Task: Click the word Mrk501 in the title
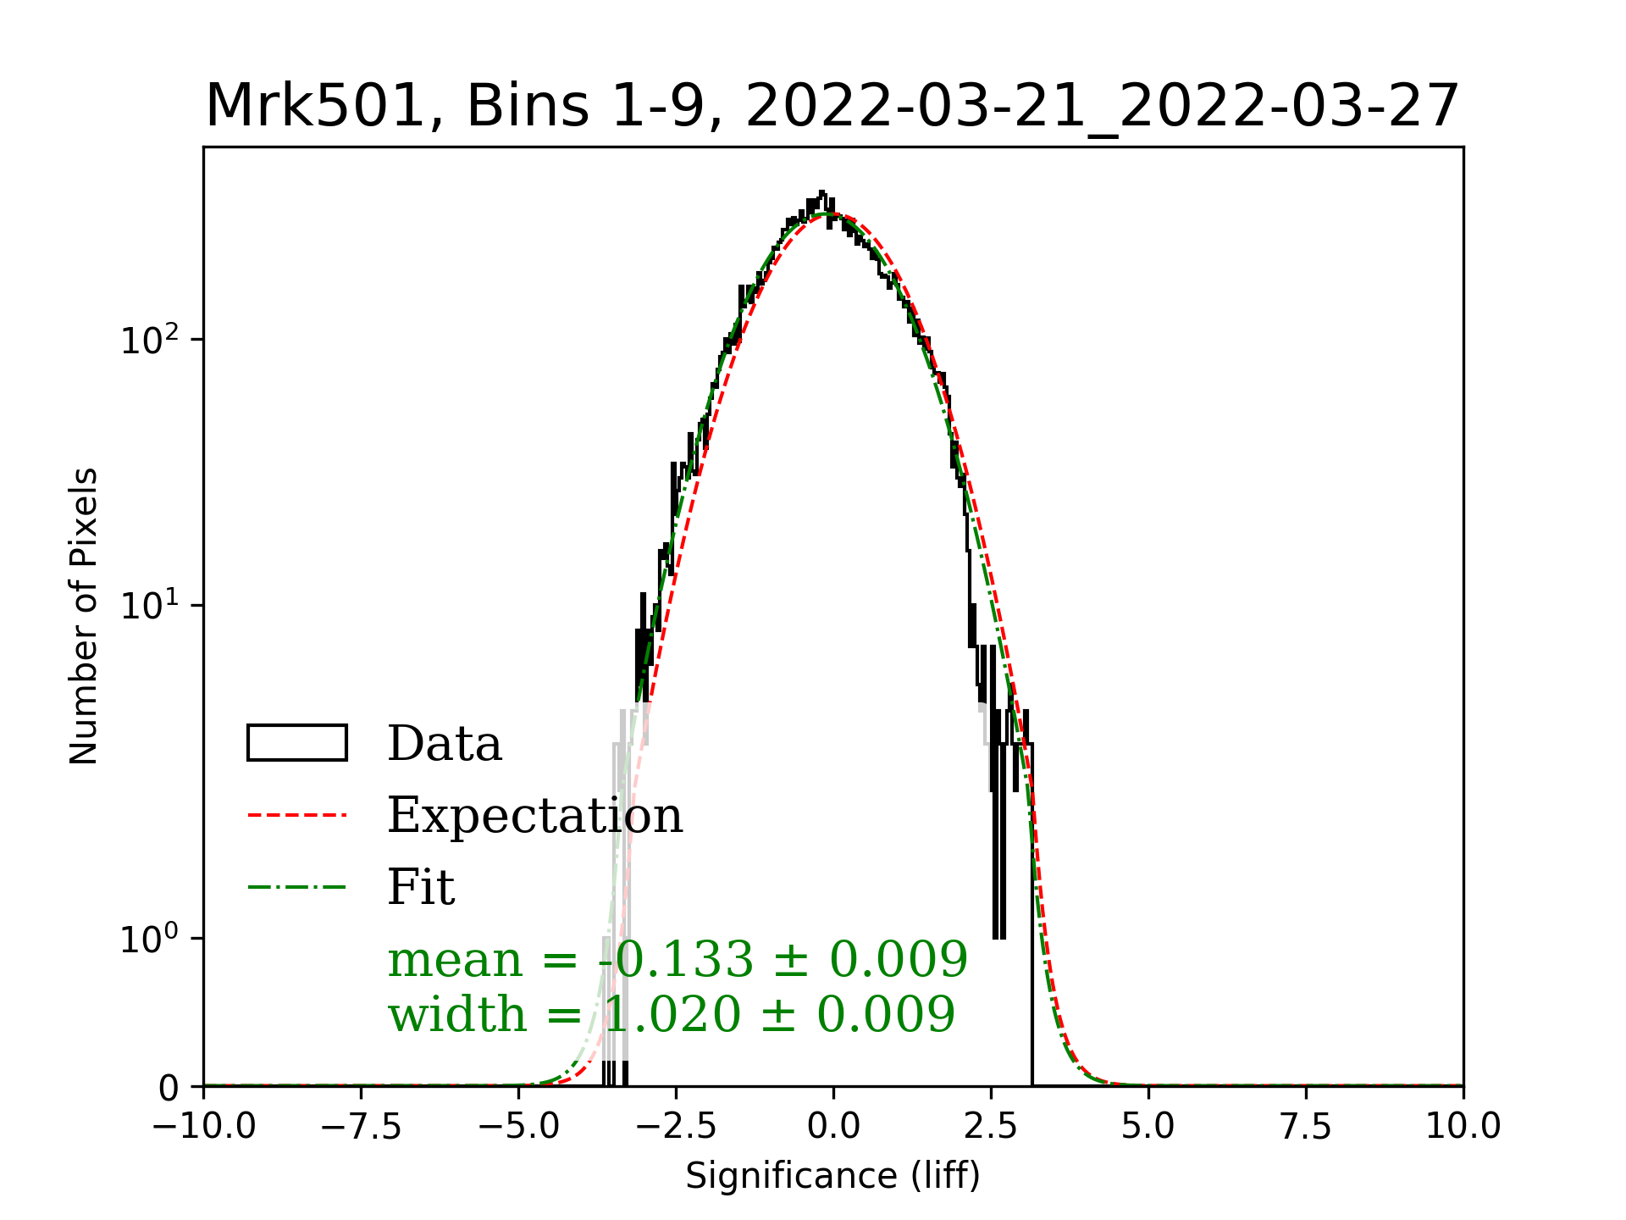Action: pyautogui.click(x=314, y=107)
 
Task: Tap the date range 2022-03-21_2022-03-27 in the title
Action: pyautogui.click(x=1102, y=107)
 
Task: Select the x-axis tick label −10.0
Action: pyautogui.click(x=204, y=1126)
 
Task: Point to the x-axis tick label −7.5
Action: pyautogui.click(x=362, y=1126)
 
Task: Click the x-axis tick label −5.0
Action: pyautogui.click(x=519, y=1126)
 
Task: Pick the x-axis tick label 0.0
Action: pyautogui.click(x=833, y=1126)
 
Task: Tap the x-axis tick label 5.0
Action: pyautogui.click(x=1148, y=1126)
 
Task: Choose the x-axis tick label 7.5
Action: pyautogui.click(x=1306, y=1126)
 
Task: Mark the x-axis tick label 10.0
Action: pyautogui.click(x=1463, y=1126)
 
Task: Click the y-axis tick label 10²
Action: pyautogui.click(x=150, y=341)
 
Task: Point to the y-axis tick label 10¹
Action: pyautogui.click(x=150, y=607)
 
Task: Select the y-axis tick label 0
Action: pyautogui.click(x=169, y=1088)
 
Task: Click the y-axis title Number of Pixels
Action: pyautogui.click(x=84, y=616)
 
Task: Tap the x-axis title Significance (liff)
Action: pyautogui.click(x=832, y=1176)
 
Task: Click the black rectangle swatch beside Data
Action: pyautogui.click(x=297, y=743)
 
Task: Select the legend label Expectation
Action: pyautogui.click(x=534, y=815)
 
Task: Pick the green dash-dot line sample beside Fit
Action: pyautogui.click(x=297, y=887)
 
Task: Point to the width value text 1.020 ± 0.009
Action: pyautogui.click(x=779, y=1014)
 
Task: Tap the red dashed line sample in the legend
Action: pyautogui.click(x=297, y=815)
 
